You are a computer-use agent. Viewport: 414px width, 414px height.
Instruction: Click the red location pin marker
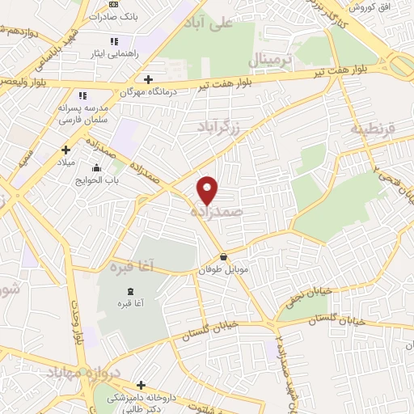(x=208, y=189)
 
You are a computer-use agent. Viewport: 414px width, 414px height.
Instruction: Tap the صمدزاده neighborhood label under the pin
(x=217, y=210)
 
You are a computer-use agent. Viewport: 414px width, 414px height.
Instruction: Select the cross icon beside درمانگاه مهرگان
(x=148, y=79)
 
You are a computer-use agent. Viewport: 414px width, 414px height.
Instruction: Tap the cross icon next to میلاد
(x=66, y=150)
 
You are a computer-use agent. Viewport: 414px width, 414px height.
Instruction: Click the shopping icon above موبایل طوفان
(x=223, y=257)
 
